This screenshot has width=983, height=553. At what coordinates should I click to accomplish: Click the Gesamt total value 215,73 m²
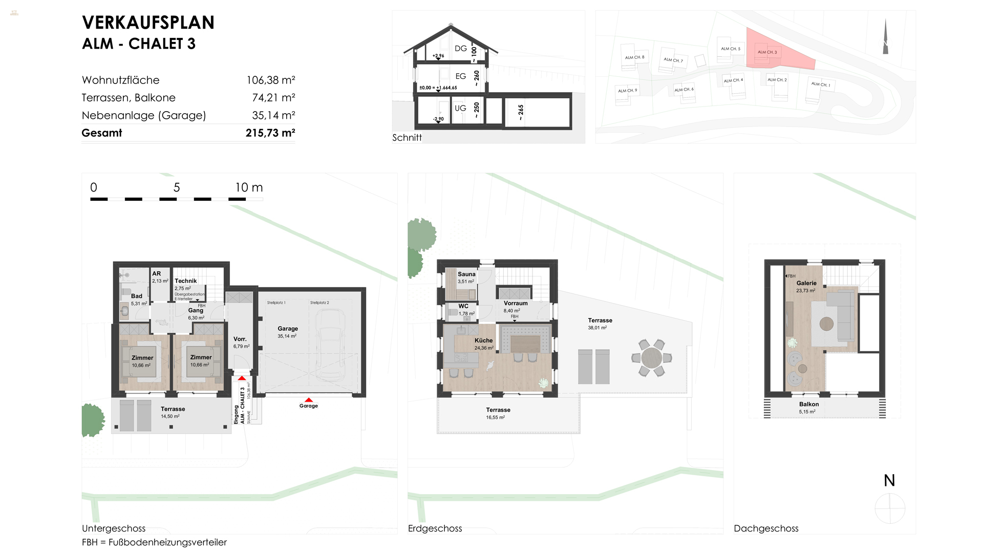click(x=270, y=133)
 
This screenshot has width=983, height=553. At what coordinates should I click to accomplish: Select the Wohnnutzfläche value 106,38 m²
click(x=270, y=80)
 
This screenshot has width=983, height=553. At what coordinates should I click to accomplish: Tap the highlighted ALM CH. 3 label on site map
click(x=767, y=52)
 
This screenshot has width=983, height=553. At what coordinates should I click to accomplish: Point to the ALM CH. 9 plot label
click(x=627, y=91)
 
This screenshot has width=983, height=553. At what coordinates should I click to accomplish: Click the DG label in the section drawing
click(x=461, y=49)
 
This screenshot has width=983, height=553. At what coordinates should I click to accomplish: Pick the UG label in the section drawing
click(x=460, y=109)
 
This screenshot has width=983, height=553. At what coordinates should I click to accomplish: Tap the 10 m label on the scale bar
click(x=249, y=187)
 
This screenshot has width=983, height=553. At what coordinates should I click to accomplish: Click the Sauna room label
click(x=466, y=274)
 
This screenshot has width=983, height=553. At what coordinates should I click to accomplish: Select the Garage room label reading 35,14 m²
click(x=287, y=332)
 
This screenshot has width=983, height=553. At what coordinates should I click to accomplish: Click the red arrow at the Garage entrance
click(x=308, y=400)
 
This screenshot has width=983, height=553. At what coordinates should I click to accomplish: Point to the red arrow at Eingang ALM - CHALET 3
click(x=242, y=378)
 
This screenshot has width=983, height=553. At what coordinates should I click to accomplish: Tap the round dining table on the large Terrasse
click(x=651, y=358)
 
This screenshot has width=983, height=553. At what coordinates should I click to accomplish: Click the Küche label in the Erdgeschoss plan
click(x=483, y=341)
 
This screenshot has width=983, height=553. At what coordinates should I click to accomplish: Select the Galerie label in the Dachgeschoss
click(x=806, y=283)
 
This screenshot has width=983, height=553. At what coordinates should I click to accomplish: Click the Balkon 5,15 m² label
click(x=808, y=408)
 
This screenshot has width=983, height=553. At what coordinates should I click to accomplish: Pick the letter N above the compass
click(x=889, y=480)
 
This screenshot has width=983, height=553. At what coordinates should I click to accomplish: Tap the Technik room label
click(x=185, y=281)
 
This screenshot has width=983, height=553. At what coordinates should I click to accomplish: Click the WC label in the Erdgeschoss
click(x=463, y=306)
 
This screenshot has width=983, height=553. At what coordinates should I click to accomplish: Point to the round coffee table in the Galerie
click(x=826, y=324)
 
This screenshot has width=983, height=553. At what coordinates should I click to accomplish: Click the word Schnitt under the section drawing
click(x=407, y=138)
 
